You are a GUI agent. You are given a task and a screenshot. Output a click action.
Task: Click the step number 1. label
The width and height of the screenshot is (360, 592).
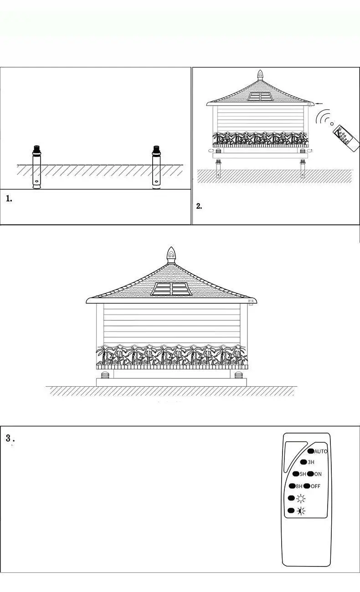[x=9, y=199]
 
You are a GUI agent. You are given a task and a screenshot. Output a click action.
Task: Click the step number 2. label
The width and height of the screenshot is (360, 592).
[x=199, y=206]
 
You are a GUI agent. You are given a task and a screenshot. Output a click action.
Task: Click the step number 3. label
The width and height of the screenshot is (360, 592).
[x=10, y=439]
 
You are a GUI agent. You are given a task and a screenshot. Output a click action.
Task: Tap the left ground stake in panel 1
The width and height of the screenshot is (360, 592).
[x=36, y=167]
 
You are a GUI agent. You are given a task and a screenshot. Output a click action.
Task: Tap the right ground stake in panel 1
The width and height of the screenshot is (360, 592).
[x=157, y=167]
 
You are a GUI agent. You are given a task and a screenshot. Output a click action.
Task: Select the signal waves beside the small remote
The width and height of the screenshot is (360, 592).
[x=324, y=117]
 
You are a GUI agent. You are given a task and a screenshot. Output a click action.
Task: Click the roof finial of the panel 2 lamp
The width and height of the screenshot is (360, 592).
[x=260, y=76]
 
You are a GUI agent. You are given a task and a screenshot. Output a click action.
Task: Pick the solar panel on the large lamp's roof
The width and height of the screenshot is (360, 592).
[x=171, y=289]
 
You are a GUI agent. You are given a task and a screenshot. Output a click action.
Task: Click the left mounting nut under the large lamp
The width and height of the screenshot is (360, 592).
[x=105, y=375]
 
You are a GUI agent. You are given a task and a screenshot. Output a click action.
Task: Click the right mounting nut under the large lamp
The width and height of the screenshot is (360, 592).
[x=238, y=375]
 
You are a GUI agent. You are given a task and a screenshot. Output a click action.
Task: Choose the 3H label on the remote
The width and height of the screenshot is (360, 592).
[x=311, y=462]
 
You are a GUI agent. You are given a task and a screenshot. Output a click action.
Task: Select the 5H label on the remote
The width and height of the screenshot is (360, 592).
[x=303, y=474]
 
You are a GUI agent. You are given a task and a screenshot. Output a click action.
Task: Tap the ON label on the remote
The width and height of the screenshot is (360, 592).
[x=318, y=474]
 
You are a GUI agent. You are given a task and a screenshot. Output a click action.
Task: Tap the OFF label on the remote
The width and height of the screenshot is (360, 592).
[x=315, y=486]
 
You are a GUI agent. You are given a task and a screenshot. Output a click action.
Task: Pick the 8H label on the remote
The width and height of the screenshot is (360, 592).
[x=299, y=486]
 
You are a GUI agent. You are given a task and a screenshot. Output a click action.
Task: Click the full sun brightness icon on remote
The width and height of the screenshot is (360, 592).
[x=301, y=498]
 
